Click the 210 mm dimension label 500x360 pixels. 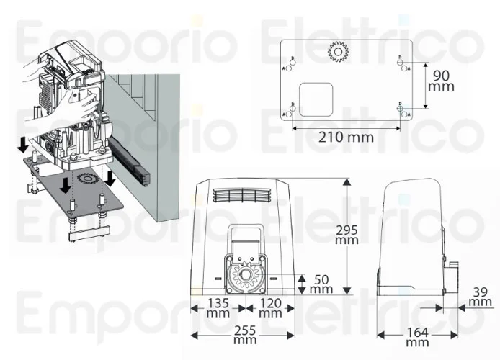(344, 137)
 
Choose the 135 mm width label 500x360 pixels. (217, 307)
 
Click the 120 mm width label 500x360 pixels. (269, 307)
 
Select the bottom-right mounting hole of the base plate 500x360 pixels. (401, 109)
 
